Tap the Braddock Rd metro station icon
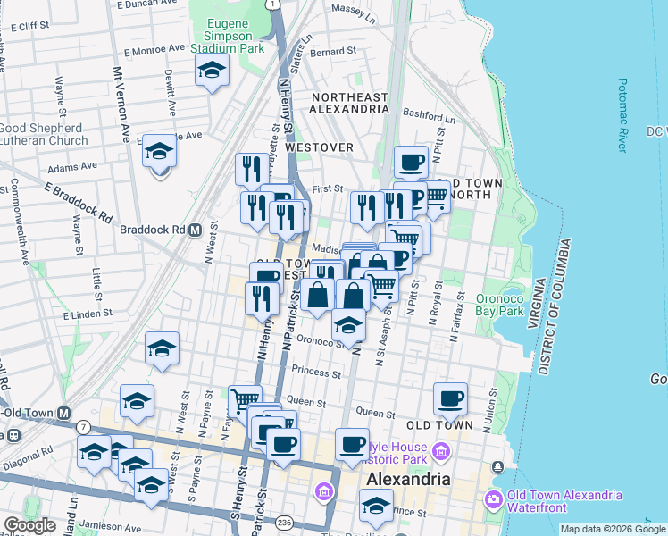coord(194,230)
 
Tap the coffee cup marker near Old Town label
coord(450,398)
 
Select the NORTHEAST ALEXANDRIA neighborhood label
coord(348,103)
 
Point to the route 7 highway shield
coord(82,428)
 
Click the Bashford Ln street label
coord(429,114)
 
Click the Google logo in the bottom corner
coord(29,525)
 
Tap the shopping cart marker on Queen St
coord(244,400)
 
